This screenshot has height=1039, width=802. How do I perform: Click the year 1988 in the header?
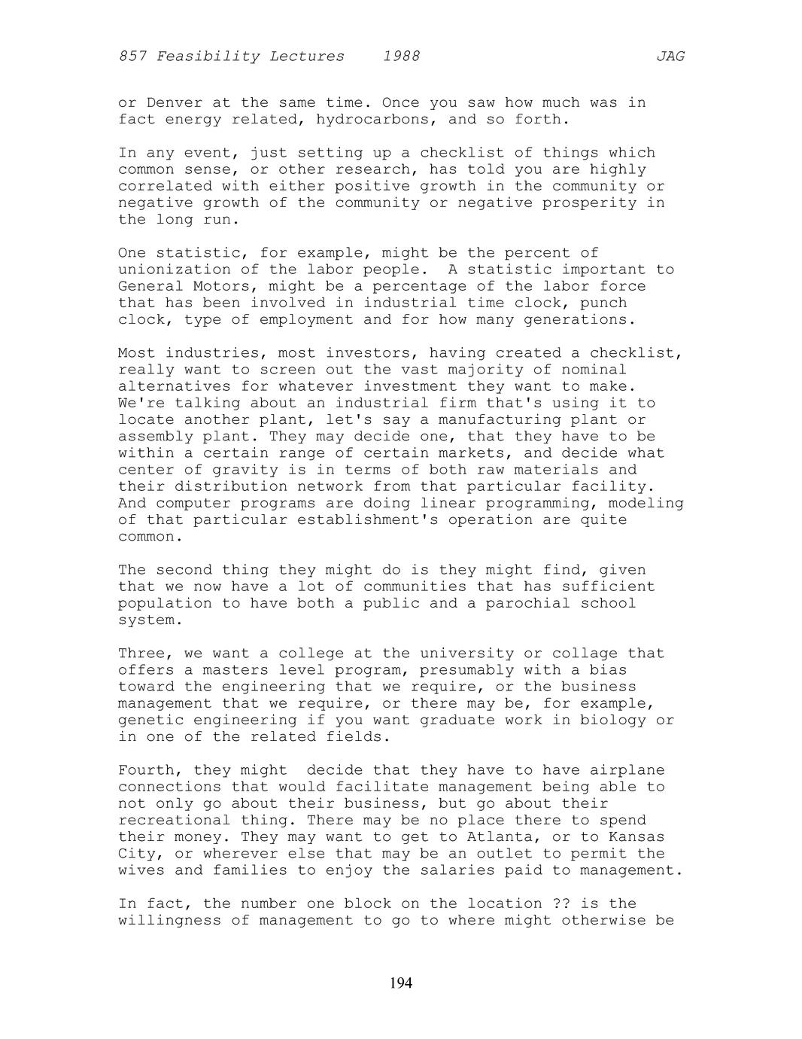point(401,56)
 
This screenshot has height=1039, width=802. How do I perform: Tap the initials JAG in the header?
point(670,56)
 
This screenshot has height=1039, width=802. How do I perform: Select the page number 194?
point(401,983)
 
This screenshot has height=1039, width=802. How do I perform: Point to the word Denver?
point(175,102)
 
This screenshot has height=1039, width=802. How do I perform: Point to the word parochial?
point(527,603)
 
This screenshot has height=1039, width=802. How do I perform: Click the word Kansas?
point(636,836)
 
